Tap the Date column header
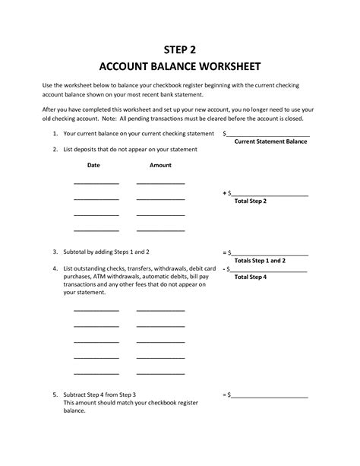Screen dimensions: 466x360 point(93,165)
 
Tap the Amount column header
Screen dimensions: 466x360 point(160,165)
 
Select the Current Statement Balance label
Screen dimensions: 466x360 point(270,141)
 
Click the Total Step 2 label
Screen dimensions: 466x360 point(251,201)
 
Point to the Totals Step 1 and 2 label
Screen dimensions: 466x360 point(261,260)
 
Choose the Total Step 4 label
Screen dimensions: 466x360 point(251,277)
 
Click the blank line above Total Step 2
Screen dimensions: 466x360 point(270,195)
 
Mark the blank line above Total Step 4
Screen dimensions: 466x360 point(270,271)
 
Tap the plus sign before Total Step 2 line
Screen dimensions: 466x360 point(225,193)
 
